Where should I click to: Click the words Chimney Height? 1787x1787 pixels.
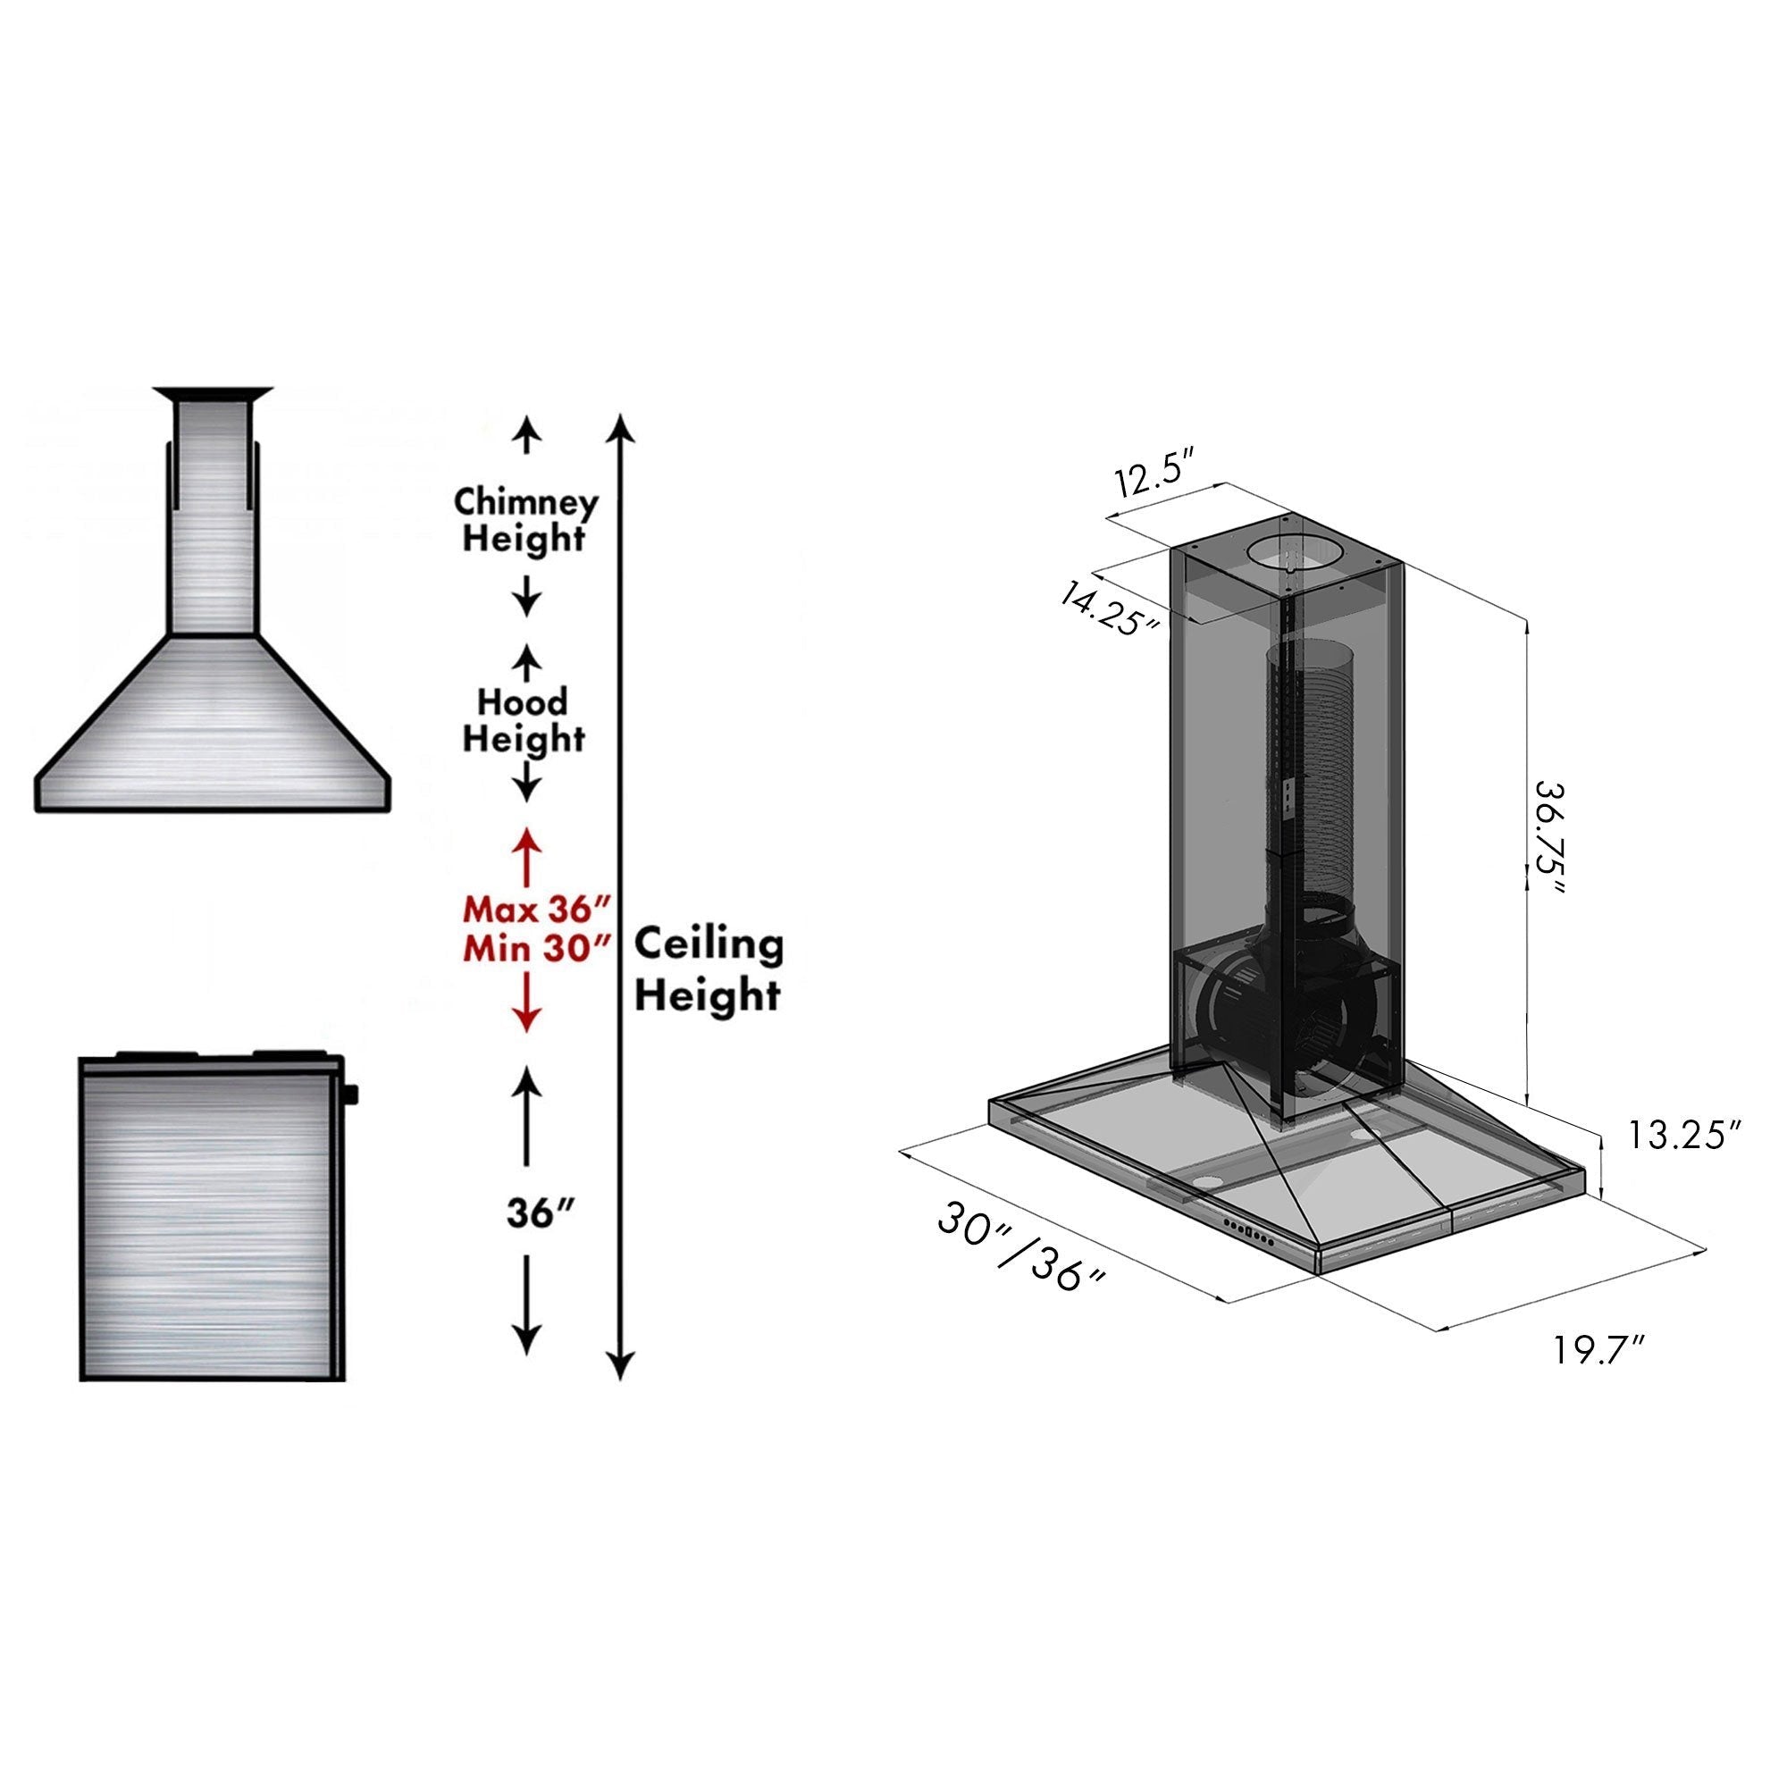[524, 520]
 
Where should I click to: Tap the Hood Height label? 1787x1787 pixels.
[524, 720]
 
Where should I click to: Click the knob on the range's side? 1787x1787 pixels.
[351, 1097]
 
